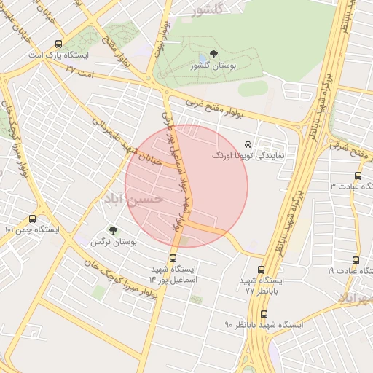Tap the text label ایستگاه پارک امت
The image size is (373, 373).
(x=58, y=55)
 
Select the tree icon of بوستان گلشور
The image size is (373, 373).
(x=213, y=54)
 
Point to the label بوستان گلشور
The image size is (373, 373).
(x=213, y=66)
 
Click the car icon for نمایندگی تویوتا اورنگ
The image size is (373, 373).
(x=248, y=144)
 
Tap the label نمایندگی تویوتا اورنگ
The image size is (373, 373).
(x=248, y=156)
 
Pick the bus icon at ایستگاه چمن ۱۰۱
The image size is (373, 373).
(x=32, y=218)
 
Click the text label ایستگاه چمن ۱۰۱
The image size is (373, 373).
(x=31, y=229)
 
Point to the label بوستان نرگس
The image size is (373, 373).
(x=114, y=241)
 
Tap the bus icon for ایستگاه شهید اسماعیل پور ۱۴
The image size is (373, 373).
(x=173, y=257)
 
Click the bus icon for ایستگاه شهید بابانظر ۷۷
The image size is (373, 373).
(x=263, y=269)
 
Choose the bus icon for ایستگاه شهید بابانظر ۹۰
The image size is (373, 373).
(x=264, y=314)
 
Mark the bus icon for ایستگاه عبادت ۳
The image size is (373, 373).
(x=357, y=176)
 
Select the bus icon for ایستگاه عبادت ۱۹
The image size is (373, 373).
(x=356, y=260)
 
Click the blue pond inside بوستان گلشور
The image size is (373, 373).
(x=203, y=58)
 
